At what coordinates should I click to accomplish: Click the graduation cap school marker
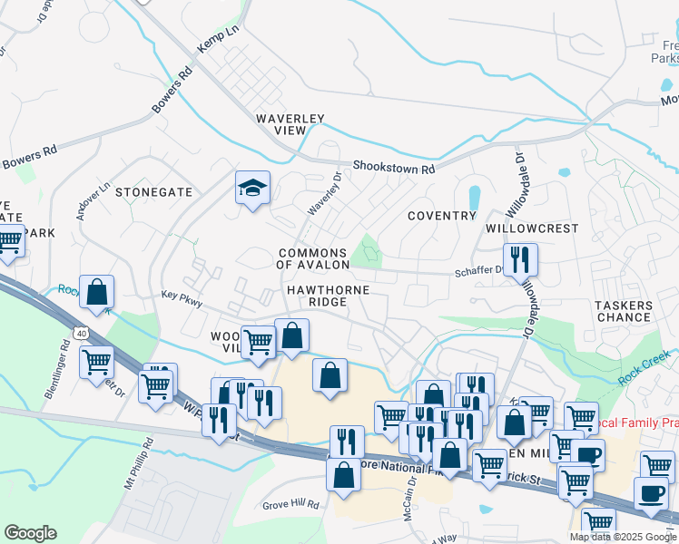point(252,189)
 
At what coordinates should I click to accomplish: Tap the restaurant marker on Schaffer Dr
point(520,260)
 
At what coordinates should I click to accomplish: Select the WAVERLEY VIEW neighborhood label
point(290,124)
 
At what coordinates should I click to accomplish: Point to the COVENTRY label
point(442,216)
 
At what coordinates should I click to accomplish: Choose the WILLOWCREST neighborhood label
point(533,228)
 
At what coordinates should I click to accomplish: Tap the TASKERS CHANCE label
point(624,311)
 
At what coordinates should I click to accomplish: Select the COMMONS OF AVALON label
point(313,258)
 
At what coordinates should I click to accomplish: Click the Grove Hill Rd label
point(290,504)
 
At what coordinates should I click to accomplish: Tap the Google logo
point(30,533)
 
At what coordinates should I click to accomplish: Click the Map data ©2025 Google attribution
point(623,537)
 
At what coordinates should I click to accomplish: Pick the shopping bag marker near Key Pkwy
point(96,292)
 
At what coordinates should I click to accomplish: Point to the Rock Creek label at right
point(646,368)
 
